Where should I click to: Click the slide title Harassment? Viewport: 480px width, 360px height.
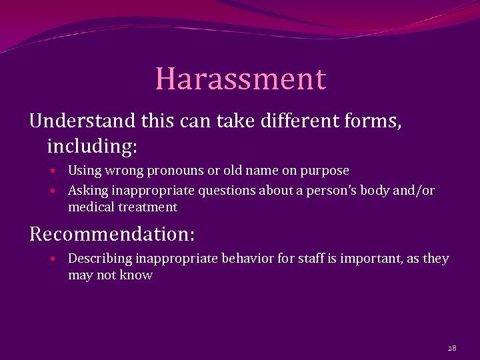click(x=241, y=79)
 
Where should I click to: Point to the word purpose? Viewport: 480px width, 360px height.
click(x=325, y=171)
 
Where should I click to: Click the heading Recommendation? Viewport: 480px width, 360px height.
click(x=112, y=234)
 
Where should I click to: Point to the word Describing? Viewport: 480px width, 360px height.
click(x=99, y=259)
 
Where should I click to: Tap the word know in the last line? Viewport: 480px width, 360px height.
click(x=136, y=275)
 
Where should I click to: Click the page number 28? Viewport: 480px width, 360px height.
click(x=451, y=348)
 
